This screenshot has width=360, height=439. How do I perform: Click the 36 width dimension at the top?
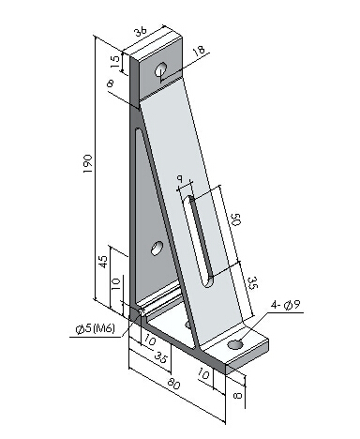141,32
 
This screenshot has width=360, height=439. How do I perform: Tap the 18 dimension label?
199,51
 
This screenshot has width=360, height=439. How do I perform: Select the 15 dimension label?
115,62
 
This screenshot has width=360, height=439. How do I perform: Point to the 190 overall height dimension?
87,164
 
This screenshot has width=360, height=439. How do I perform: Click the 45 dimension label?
103,262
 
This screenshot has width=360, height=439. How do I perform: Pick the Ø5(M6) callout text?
96,328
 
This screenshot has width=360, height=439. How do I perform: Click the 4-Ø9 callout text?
285,305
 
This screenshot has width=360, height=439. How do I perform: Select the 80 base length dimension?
173,384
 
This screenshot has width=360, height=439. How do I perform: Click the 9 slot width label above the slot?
180,178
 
